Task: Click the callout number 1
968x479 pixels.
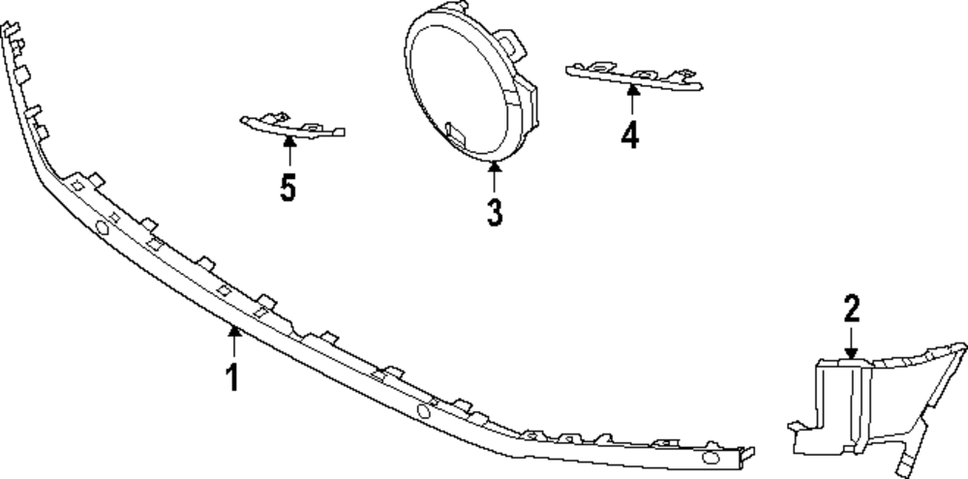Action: pyautogui.click(x=232, y=375)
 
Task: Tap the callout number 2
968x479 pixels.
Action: pyautogui.click(x=851, y=310)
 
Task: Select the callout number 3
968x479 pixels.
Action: pyautogui.click(x=495, y=212)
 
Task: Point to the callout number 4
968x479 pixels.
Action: pyautogui.click(x=630, y=135)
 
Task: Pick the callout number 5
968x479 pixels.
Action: pyautogui.click(x=288, y=187)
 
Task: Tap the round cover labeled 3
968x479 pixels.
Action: pyautogui.click(x=465, y=87)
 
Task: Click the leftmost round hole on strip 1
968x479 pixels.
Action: pyautogui.click(x=100, y=228)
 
